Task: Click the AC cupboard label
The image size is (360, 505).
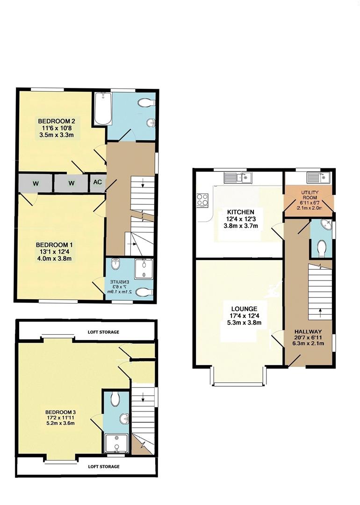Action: [x=98, y=183]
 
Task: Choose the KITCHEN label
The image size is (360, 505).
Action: [x=238, y=212]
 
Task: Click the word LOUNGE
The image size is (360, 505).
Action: [x=244, y=309]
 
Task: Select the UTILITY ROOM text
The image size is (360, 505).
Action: [x=309, y=195]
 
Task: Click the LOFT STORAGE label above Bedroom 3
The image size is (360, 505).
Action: [x=103, y=332]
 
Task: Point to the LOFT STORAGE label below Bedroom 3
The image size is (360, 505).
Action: [x=103, y=466]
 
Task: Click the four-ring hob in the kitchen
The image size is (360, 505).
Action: [x=203, y=200]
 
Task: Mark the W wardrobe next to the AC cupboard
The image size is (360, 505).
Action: [x=72, y=183]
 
